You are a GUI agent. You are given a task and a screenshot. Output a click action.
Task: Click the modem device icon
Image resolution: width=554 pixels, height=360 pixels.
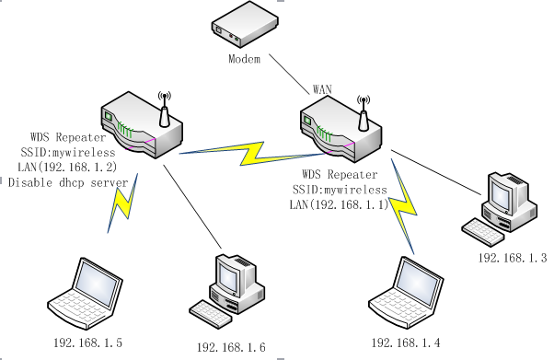click(245, 24)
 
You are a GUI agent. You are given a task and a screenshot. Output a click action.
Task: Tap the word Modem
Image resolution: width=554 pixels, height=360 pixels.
click(245, 59)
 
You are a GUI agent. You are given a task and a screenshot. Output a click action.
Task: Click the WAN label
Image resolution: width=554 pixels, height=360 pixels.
click(322, 89)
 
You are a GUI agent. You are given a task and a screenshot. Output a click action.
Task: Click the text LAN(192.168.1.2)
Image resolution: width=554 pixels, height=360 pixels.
click(67, 167)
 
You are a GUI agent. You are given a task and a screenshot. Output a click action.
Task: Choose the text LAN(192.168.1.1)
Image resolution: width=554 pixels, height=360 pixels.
click(339, 204)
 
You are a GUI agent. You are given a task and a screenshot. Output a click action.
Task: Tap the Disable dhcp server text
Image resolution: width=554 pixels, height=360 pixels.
click(68, 182)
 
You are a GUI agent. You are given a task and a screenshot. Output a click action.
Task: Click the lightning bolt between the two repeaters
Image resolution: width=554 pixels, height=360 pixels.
click(252, 154)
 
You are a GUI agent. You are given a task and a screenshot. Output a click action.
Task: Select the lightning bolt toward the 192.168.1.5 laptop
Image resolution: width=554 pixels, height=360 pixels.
click(122, 203)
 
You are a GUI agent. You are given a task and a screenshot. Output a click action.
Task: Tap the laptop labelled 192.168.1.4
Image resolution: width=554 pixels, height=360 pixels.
click(406, 293)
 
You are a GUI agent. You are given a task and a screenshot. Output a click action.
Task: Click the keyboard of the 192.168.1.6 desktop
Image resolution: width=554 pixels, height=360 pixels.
click(211, 314)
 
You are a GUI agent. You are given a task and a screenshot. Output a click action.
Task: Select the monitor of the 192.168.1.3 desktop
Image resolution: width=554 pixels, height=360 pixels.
click(501, 193)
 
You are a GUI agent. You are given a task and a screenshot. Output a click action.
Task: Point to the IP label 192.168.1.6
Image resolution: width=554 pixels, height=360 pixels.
click(231, 348)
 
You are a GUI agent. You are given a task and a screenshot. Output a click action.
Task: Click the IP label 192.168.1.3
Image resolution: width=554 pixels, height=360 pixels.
click(513, 258)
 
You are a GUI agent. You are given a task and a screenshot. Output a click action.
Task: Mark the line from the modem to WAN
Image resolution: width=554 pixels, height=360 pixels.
click(289, 75)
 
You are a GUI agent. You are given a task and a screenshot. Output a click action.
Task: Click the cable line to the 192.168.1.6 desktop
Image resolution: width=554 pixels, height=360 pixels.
click(192, 206)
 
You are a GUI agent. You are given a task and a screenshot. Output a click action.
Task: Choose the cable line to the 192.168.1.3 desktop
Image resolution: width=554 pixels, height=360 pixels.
click(436, 172)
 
